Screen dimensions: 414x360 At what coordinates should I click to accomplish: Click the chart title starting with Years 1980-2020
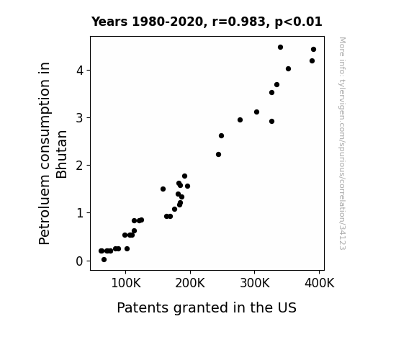point(207,22)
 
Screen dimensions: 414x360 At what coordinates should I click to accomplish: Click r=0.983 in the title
point(239,22)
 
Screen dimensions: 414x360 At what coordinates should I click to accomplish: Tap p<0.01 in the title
point(298,22)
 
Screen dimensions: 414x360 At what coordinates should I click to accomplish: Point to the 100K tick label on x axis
point(126,283)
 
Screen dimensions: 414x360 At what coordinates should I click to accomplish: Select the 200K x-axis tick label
point(190,283)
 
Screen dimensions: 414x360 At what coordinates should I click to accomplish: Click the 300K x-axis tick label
point(255,283)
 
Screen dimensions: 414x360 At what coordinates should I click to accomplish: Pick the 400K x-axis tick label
point(320,283)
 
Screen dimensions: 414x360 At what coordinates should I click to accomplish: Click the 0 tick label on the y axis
point(79,261)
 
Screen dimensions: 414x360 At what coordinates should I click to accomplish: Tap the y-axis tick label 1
point(80,213)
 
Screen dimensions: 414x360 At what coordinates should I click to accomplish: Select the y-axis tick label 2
point(79,166)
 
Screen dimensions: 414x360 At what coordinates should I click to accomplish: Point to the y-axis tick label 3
point(79,118)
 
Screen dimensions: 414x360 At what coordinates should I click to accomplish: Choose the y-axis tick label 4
point(79,71)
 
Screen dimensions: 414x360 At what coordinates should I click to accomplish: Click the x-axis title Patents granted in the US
point(207,307)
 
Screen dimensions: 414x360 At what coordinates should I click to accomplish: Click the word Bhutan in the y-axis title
point(62,154)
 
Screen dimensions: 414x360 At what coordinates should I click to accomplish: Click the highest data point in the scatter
point(280,48)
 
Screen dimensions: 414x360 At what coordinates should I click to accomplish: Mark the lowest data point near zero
point(104,260)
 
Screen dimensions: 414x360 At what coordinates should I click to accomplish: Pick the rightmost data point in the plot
point(313,50)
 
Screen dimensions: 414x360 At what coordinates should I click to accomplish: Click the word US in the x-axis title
point(287,307)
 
